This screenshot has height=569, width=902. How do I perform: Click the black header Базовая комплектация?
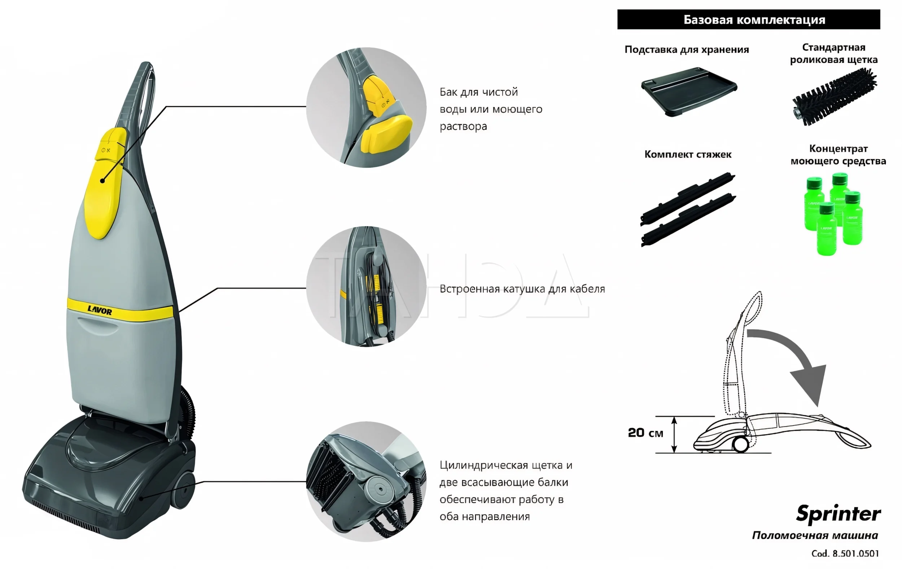click(748, 19)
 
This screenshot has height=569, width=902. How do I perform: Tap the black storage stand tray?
click(688, 91)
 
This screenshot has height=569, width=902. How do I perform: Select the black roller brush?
click(835, 97)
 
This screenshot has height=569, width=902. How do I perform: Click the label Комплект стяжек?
click(688, 155)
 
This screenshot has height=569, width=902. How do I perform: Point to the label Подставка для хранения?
click(687, 49)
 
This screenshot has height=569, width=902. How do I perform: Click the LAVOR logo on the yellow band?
click(100, 310)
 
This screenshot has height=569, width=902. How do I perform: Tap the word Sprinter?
click(838, 513)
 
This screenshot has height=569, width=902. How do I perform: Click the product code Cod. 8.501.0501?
click(845, 553)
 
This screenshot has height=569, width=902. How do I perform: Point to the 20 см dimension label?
click(645, 433)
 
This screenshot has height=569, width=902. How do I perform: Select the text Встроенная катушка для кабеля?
click(522, 289)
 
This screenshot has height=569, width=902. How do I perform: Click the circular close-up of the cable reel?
click(366, 286)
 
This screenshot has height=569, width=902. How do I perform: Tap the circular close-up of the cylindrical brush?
click(366, 481)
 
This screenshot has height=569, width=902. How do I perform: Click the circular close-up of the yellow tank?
click(366, 108)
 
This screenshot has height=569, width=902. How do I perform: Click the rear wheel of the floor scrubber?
click(184, 490)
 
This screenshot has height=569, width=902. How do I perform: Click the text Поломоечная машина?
click(815, 535)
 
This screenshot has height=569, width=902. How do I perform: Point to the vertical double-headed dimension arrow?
click(674, 434)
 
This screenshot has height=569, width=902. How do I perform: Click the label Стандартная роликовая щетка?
click(833, 53)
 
